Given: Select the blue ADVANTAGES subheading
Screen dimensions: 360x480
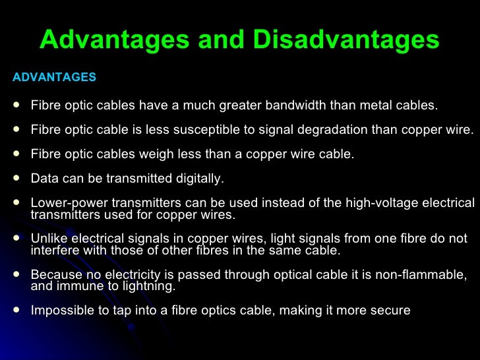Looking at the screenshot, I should (54, 78).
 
